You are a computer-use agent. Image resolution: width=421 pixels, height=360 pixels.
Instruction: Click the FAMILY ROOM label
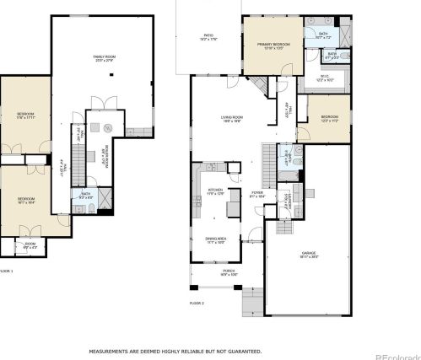[x=104, y=56]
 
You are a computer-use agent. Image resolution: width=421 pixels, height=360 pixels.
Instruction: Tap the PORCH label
[x=228, y=271]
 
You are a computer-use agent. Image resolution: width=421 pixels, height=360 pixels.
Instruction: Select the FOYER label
[x=256, y=193]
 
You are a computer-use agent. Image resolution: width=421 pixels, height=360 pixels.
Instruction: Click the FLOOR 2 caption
[x=197, y=301]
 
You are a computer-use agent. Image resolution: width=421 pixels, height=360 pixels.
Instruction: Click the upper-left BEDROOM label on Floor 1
[x=25, y=115]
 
